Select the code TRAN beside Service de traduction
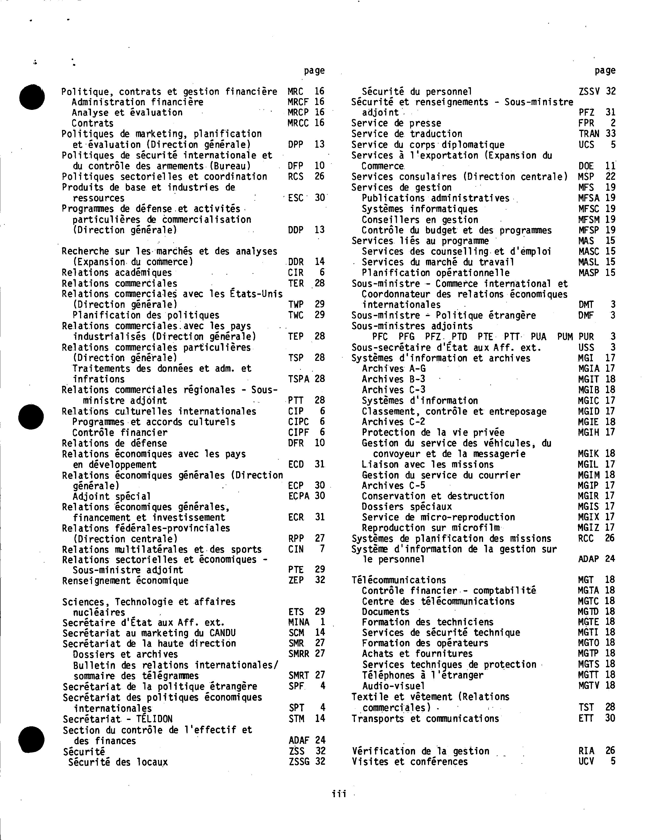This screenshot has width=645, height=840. pyautogui.click(x=589, y=134)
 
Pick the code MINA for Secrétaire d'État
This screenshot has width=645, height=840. pyautogui.click(x=299, y=622)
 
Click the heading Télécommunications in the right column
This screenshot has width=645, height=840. pyautogui.click(x=398, y=580)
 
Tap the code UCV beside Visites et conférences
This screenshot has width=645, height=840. pyautogui.click(x=586, y=761)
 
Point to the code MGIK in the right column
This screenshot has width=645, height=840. pyautogui.click(x=588, y=454)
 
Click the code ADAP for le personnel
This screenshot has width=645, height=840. pyautogui.click(x=588, y=559)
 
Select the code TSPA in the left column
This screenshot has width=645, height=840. pyautogui.click(x=299, y=379)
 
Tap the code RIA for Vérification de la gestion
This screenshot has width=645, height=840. pyautogui.click(x=586, y=751)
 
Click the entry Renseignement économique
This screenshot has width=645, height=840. pyautogui.click(x=125, y=580)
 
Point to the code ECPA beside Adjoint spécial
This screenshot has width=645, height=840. pyautogui.click(x=299, y=496)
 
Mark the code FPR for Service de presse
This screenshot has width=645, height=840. pyautogui.click(x=586, y=123)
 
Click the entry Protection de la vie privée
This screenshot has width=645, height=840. pyautogui.click(x=433, y=433)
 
